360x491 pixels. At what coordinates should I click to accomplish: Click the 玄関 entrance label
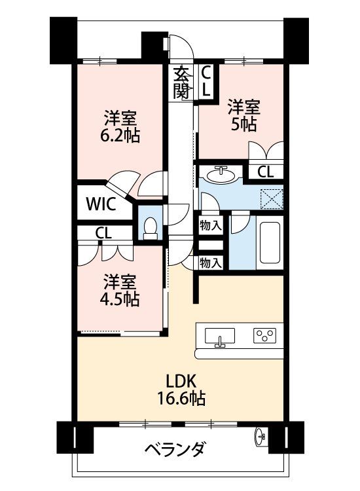(x=181, y=82)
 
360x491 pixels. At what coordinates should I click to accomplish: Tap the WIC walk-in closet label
(x=101, y=204)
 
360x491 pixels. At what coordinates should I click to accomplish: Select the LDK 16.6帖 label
(x=181, y=390)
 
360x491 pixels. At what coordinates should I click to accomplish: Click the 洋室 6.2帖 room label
(x=120, y=126)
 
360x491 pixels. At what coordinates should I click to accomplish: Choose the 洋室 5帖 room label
(x=243, y=115)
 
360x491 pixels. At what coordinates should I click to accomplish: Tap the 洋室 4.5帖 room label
(x=120, y=290)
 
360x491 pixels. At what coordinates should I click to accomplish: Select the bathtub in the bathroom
(x=270, y=243)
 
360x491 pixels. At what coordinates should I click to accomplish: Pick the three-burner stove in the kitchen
(x=264, y=335)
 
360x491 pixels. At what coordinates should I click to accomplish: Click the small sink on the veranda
(x=261, y=436)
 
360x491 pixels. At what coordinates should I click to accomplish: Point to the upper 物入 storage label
(x=211, y=225)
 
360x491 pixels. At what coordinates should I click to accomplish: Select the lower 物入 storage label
(x=211, y=263)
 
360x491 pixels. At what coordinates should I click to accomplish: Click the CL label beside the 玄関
(x=206, y=81)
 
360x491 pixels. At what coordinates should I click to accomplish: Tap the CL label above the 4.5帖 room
(x=103, y=233)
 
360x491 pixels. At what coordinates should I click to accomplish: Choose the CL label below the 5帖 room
(x=266, y=172)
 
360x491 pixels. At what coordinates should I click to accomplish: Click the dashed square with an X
(x=272, y=198)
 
